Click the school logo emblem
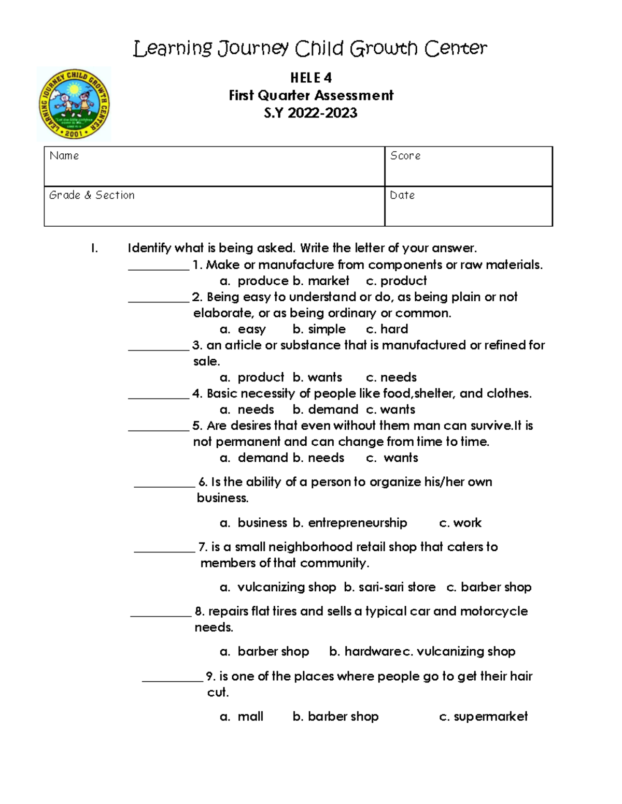click(x=74, y=104)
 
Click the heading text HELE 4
click(x=310, y=78)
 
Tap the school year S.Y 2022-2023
click(x=310, y=113)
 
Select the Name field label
click(x=64, y=156)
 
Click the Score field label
click(x=405, y=156)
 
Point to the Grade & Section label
click(x=92, y=195)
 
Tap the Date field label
click(x=402, y=195)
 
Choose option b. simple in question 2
click(x=319, y=329)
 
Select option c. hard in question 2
click(x=387, y=329)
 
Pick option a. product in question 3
click(x=252, y=377)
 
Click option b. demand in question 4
click(x=325, y=410)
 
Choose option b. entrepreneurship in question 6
click(x=350, y=523)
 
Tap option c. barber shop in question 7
click(x=489, y=587)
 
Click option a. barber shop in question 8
click(x=264, y=651)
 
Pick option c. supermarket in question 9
click(x=483, y=717)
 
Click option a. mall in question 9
click(x=242, y=717)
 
